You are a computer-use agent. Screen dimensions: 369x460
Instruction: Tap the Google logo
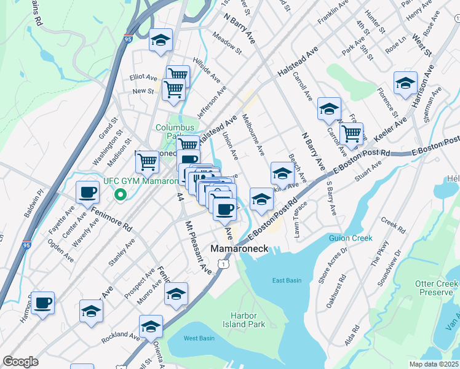point(20,362)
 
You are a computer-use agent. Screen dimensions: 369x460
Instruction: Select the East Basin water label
point(287,280)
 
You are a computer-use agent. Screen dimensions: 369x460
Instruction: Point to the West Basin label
point(199,338)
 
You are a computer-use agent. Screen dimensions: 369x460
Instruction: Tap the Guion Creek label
point(351,238)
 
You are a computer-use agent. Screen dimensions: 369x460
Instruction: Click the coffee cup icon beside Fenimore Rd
point(87,192)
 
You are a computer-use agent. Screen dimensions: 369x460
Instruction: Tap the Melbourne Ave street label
point(253,133)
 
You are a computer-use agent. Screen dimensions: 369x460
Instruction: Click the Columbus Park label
point(170,132)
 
